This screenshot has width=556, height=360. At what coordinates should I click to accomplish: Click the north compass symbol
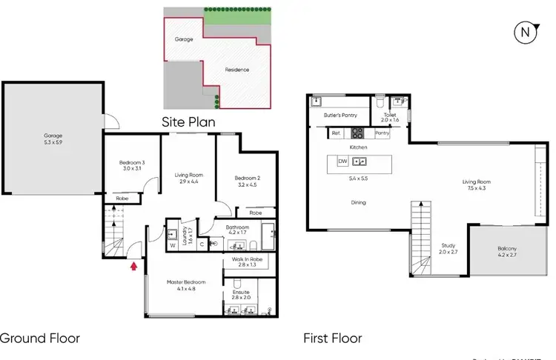[526, 32]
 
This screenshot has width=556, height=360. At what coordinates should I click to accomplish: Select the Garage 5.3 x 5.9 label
[53, 139]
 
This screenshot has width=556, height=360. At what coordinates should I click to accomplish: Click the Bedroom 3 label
[132, 166]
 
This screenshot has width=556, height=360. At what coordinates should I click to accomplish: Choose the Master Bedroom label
[182, 286]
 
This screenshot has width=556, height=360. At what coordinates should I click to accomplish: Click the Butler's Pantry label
[340, 116]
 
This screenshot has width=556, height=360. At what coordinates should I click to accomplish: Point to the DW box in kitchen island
[342, 161]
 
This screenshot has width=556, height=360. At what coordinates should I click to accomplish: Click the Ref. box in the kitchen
[336, 133]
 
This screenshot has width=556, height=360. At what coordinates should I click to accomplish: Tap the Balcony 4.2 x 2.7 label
[507, 251]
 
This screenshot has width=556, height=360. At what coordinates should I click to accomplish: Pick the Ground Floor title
[39, 339]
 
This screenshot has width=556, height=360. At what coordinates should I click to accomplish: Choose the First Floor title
[333, 339]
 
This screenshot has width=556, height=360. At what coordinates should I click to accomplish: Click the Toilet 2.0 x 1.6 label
[390, 117]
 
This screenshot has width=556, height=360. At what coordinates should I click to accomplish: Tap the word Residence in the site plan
[237, 70]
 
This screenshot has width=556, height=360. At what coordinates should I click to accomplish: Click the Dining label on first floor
[358, 202]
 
